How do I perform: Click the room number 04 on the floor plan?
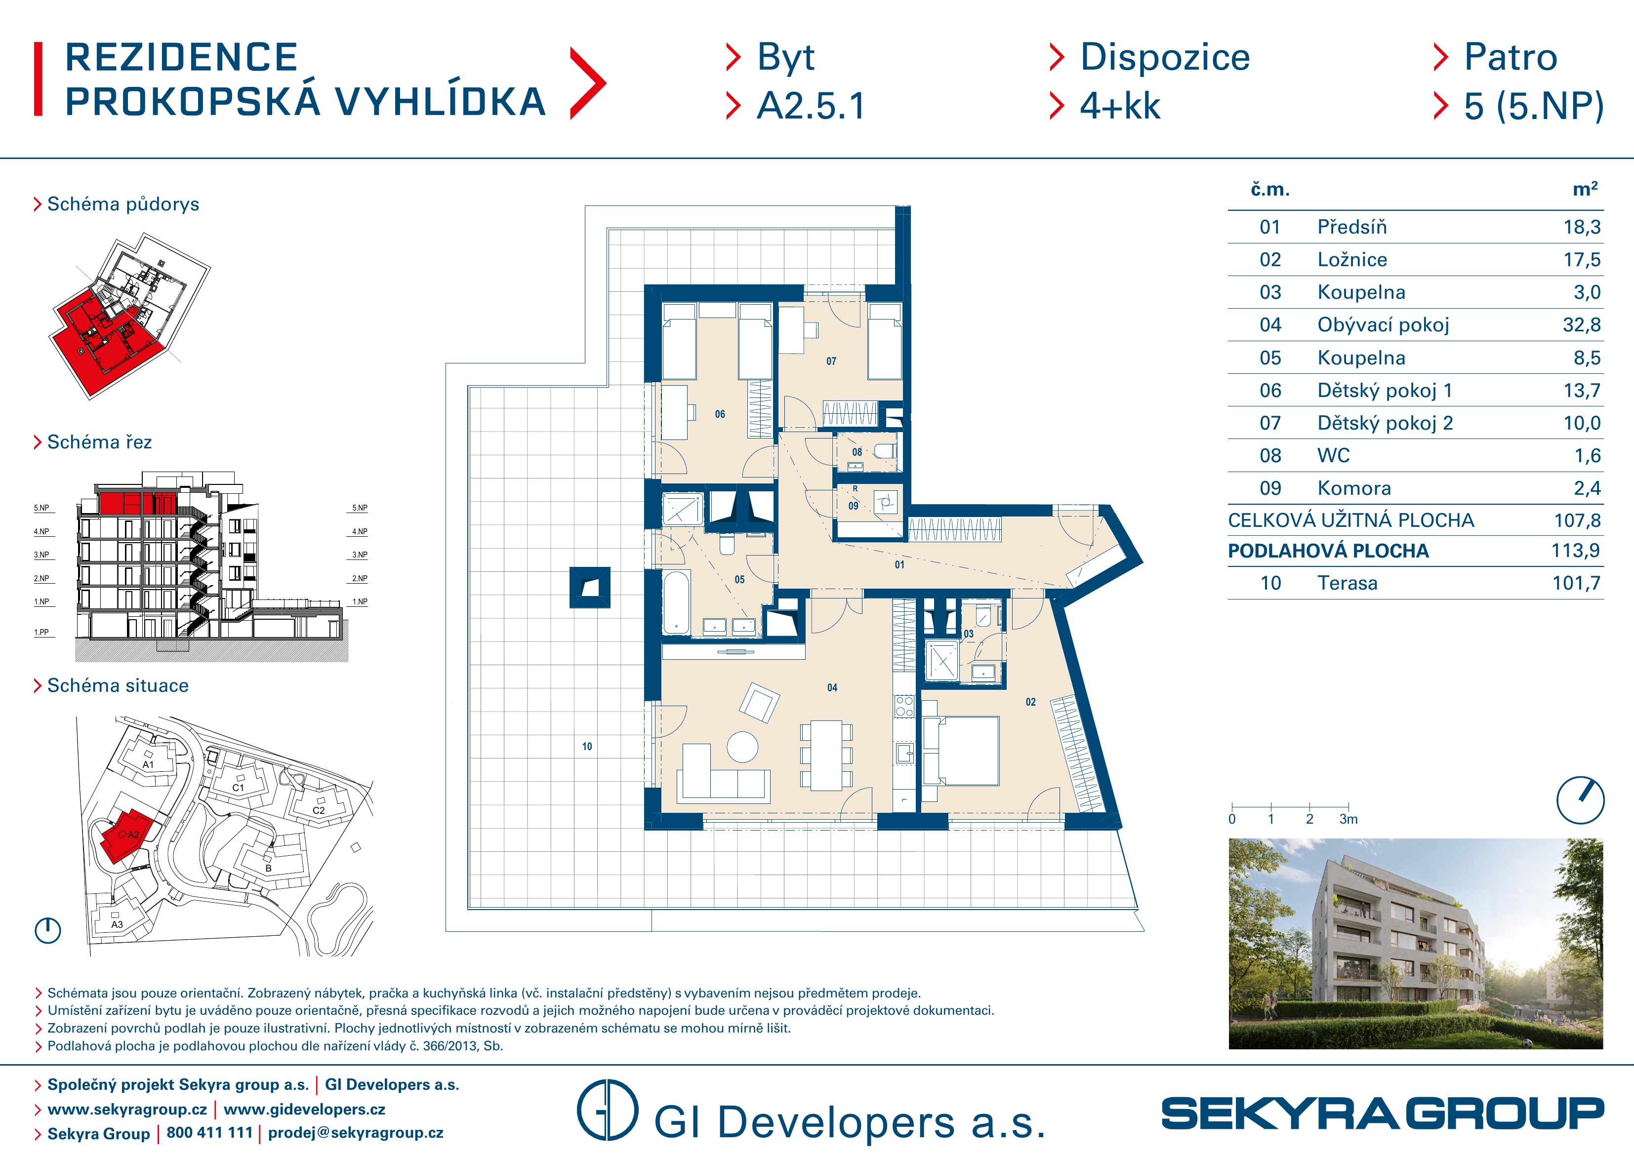coord(832,687)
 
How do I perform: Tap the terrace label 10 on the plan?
coord(587,747)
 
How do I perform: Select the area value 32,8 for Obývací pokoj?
coord(1581,325)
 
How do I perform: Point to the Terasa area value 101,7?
coord(1576,584)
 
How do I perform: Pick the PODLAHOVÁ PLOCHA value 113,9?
coord(1576,551)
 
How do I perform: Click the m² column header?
coord(1585,189)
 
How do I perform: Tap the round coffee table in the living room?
coord(742,747)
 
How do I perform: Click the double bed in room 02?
coord(961,751)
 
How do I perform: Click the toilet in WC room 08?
coord(885,451)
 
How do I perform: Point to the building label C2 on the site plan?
coord(319,810)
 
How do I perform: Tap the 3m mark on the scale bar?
coord(1348,819)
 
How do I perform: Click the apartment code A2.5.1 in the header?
coord(811,106)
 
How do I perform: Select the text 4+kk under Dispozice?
coord(1120,106)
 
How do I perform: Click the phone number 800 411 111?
coord(209,1132)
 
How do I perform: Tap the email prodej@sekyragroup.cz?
coord(356,1133)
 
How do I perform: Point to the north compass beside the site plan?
coord(48,930)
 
